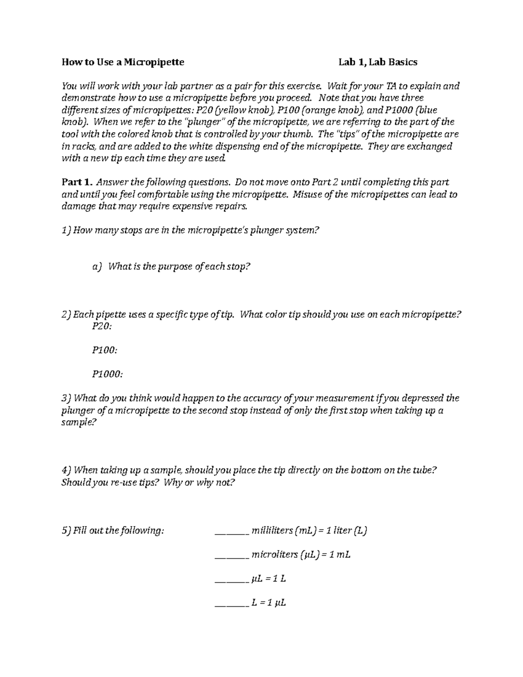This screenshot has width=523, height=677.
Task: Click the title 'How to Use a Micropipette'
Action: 123,62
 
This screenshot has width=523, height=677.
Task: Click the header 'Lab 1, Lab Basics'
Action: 378,62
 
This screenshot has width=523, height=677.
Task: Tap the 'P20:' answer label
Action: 102,326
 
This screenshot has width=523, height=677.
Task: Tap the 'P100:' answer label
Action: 105,350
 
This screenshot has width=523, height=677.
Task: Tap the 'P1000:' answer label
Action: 107,374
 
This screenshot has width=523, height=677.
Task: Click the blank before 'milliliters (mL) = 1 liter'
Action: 231,531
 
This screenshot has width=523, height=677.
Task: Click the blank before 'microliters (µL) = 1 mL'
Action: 231,555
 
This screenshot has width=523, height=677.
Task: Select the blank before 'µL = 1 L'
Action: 231,579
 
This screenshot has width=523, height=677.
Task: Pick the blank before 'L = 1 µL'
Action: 231,603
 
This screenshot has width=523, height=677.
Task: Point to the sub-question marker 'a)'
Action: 97,266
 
